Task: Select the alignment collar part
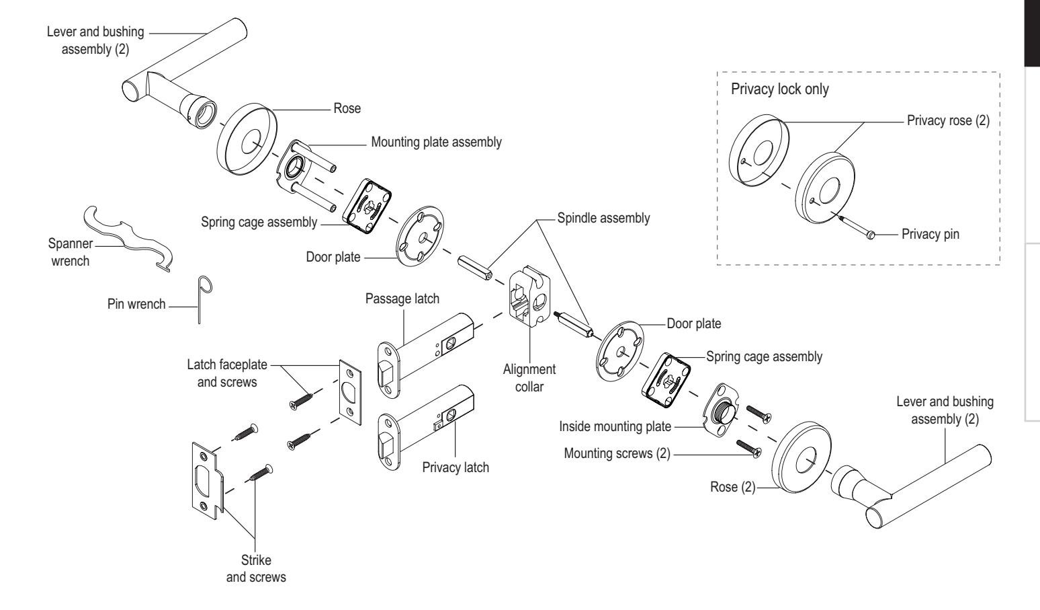pos(530,296)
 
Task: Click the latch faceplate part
pos(350,392)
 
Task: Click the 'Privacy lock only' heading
pos(779,89)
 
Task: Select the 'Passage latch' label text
pos(402,299)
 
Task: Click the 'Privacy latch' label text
pos(456,467)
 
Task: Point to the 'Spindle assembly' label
pos(603,218)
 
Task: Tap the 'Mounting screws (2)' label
pos(617,453)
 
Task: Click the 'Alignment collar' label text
pos(529,378)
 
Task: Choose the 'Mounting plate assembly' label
pos(436,142)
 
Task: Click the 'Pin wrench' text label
pos(136,304)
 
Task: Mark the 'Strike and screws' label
pos(256,568)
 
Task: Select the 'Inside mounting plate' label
pos(615,426)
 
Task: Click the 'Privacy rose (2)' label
pos(948,120)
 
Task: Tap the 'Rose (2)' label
pos(733,487)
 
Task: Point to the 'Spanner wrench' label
pos(71,252)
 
